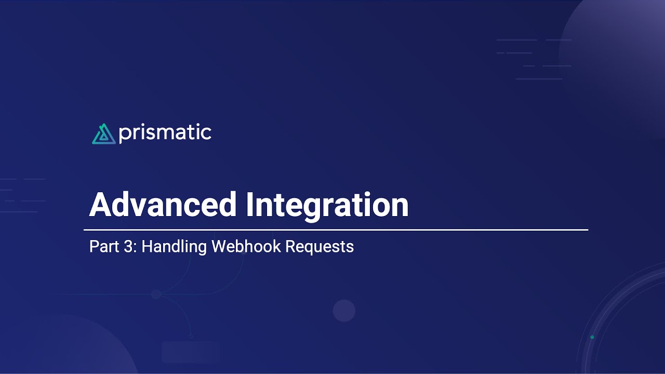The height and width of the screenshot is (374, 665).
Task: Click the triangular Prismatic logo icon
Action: pyautogui.click(x=103, y=133)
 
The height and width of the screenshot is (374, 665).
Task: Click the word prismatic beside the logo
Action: pyautogui.click(x=165, y=133)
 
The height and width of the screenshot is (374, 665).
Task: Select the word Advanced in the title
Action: pyautogui.click(x=163, y=205)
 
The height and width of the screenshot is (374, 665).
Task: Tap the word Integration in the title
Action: pyautogui.click(x=327, y=205)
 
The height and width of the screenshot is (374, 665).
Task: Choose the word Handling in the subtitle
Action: pyautogui.click(x=174, y=247)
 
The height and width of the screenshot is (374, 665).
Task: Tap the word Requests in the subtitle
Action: pyautogui.click(x=320, y=247)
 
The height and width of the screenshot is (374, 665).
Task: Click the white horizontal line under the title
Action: pyautogui.click(x=336, y=230)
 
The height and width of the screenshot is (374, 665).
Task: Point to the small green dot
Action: pyautogui.click(x=592, y=337)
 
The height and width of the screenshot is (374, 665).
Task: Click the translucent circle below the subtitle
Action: pyautogui.click(x=344, y=311)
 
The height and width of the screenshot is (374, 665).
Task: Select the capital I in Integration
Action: pyautogui.click(x=249, y=205)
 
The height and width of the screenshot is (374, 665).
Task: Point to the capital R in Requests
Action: pyautogui.click(x=290, y=246)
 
